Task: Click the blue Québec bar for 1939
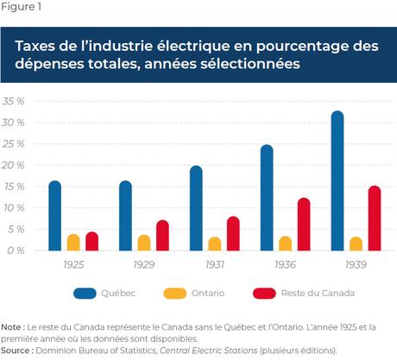(x=312, y=181)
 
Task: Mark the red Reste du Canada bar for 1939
(x=350, y=218)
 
